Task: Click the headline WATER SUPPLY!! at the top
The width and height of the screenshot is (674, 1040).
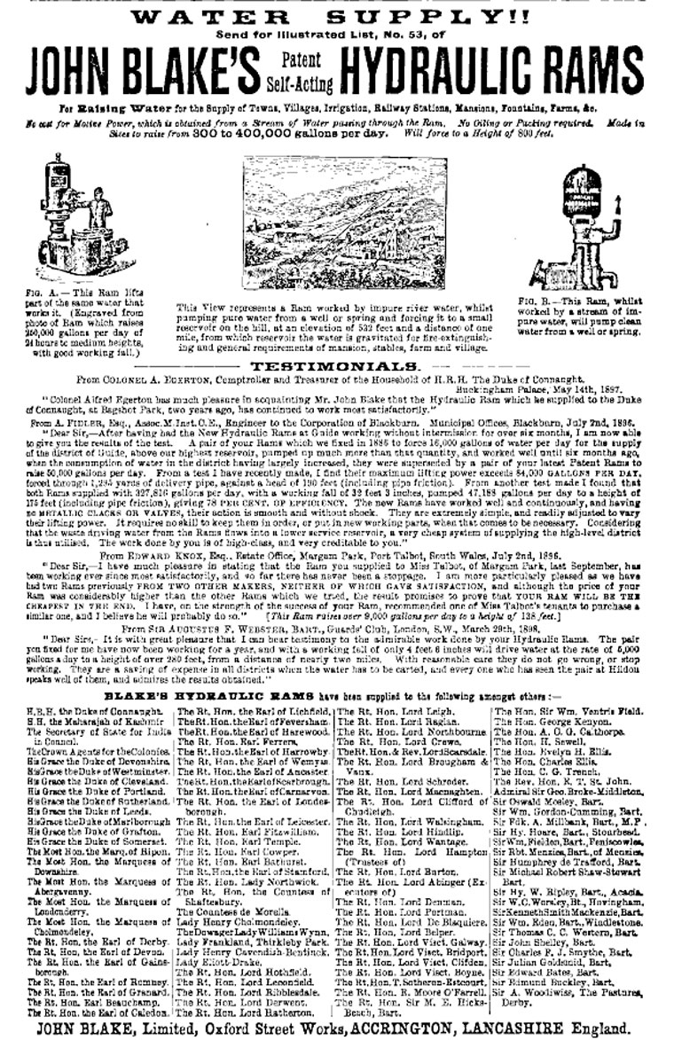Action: (337, 16)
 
